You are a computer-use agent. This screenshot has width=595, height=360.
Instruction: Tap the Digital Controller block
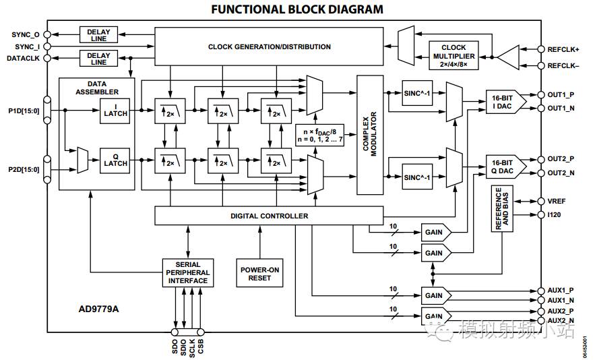[x=269, y=216]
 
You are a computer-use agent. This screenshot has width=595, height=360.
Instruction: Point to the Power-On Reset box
[x=259, y=273]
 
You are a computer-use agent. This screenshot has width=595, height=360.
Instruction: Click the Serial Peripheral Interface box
[x=188, y=272]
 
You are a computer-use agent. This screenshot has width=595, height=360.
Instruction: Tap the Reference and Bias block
[x=503, y=210]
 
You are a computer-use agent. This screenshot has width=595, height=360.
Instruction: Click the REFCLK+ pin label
[x=559, y=49]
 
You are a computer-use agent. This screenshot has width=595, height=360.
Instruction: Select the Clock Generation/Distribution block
[x=269, y=47]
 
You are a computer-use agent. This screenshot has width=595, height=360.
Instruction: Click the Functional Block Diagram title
[x=296, y=9]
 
